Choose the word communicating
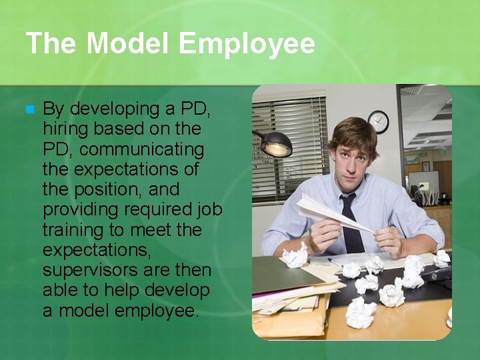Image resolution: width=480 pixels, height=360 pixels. pos(142,148)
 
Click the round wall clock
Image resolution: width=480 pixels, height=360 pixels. pos(378,121)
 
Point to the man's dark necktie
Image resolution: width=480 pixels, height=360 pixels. pos(351,223)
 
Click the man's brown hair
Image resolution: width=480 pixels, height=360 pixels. pos(353,130)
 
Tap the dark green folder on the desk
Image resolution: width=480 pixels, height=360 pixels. pos(283,273)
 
